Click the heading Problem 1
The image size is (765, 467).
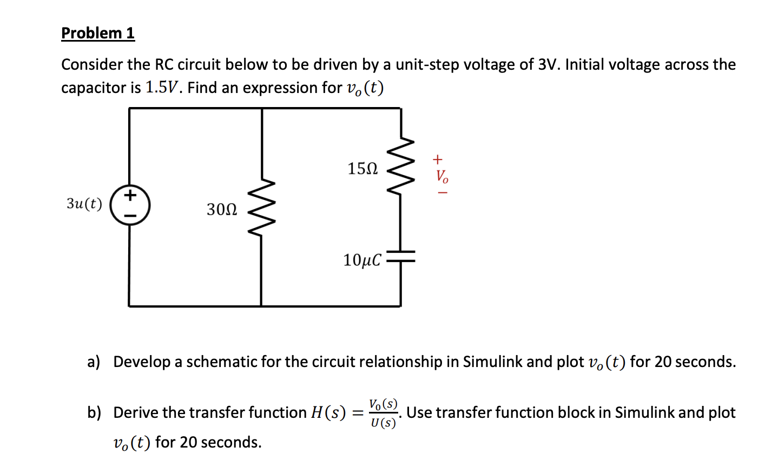pos(97,33)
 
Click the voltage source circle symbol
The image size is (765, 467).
pos(129,205)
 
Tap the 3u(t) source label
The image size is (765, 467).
pos(84,204)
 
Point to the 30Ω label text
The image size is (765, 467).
pos(221,209)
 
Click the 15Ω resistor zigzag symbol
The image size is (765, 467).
pos(401,168)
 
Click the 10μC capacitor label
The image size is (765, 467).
pos(362,261)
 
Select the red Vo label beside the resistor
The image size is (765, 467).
pos(442,176)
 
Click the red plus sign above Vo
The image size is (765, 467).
pos(438,159)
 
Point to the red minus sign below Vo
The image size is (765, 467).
pos(442,192)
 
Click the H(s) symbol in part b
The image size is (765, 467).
pos(328,413)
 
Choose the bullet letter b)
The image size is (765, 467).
pos(94,413)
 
